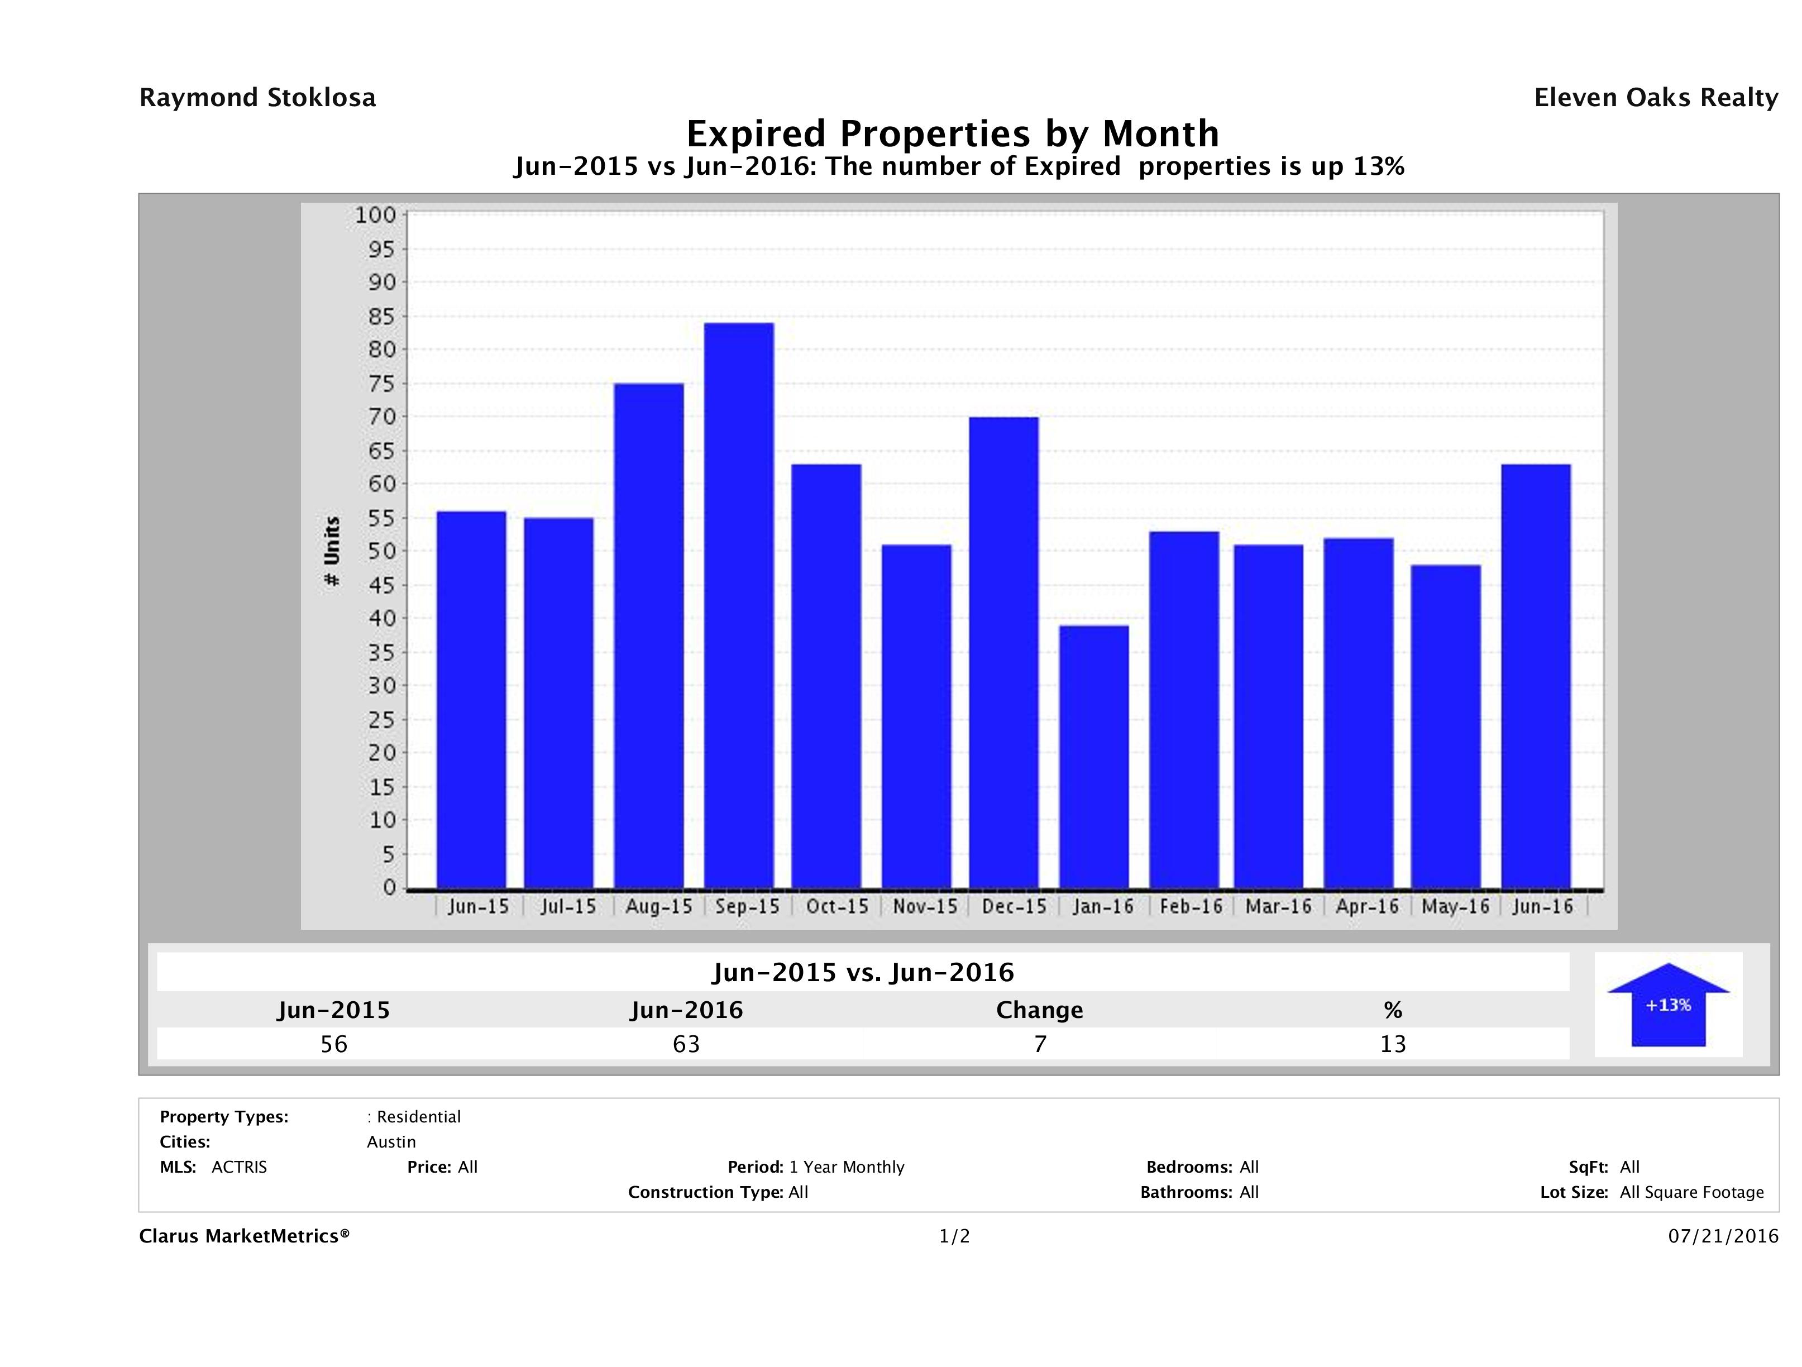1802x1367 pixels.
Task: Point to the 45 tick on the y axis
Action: pos(380,585)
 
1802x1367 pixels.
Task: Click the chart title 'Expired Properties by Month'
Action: pos(952,133)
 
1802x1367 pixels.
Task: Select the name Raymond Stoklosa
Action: pos(257,98)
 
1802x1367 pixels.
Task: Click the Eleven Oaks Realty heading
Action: pos(1655,98)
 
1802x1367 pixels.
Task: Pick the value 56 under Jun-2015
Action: pos(334,1044)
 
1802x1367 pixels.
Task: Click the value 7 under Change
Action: pos(1040,1044)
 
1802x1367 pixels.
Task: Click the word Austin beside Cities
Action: pos(391,1142)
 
